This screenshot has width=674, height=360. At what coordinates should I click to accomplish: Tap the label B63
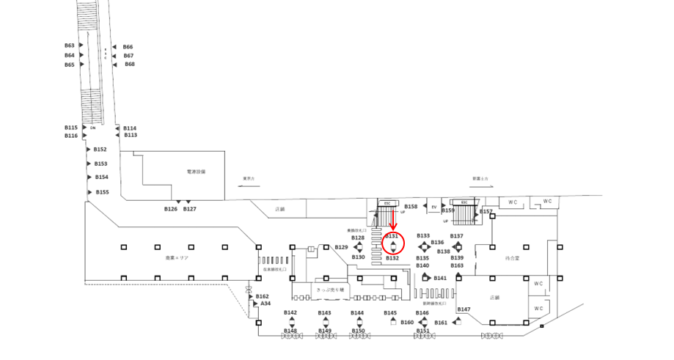click(x=70, y=45)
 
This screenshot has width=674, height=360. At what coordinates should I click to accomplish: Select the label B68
click(x=129, y=65)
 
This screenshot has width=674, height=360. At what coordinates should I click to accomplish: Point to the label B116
click(x=70, y=136)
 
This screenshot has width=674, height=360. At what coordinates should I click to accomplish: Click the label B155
click(x=102, y=192)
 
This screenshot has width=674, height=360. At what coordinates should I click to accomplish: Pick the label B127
click(x=190, y=209)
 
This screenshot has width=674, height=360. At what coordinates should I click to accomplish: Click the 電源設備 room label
click(x=196, y=172)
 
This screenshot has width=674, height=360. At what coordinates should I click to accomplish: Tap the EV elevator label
click(x=434, y=207)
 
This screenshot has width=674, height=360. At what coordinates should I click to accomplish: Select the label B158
click(x=411, y=207)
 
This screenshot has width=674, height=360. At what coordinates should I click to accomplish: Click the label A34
click(x=266, y=304)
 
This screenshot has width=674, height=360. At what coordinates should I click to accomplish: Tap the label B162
click(x=263, y=296)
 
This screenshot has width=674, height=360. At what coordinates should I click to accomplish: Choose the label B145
click(x=390, y=313)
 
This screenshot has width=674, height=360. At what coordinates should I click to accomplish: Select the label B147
click(x=464, y=309)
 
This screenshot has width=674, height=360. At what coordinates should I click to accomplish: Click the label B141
click(x=440, y=279)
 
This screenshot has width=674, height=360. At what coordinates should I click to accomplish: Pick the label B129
click(x=341, y=247)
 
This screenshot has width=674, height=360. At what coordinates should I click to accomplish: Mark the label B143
click(x=325, y=313)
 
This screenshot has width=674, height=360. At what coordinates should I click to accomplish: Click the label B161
click(x=441, y=323)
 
